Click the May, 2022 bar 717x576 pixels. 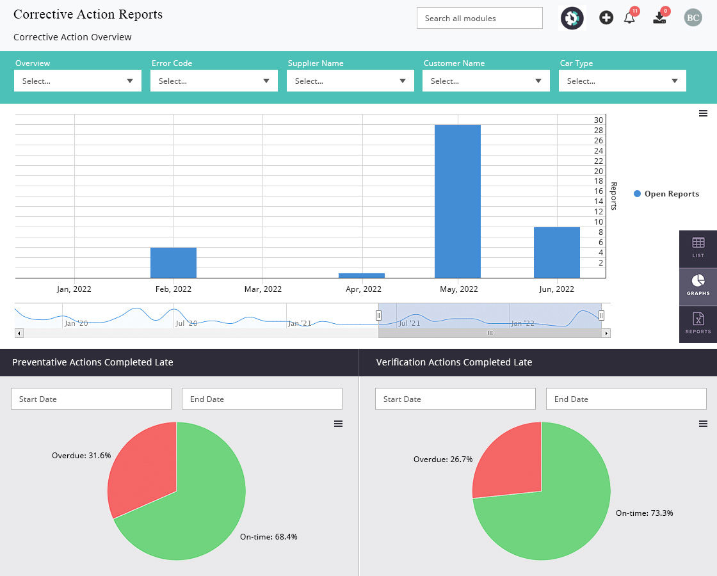tap(457, 201)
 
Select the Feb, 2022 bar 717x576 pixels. tap(173, 263)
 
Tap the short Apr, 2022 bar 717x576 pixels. tap(361, 276)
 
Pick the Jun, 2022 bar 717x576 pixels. tap(556, 252)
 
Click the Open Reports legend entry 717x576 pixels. tap(666, 194)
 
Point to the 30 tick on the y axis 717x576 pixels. tap(598, 120)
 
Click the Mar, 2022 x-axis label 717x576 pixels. tap(263, 289)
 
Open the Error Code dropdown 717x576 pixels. tap(214, 81)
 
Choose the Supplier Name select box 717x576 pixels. tap(350, 81)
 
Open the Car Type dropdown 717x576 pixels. tap(622, 81)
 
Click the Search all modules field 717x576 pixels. tap(479, 19)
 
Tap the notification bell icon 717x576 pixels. tap(630, 18)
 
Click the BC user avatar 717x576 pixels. tap(693, 18)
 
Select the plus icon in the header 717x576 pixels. tap(606, 18)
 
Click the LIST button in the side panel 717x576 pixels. tap(698, 249)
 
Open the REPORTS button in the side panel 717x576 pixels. tap(698, 324)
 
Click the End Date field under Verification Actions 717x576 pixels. tap(626, 399)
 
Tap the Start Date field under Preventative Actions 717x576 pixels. tap(91, 399)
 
